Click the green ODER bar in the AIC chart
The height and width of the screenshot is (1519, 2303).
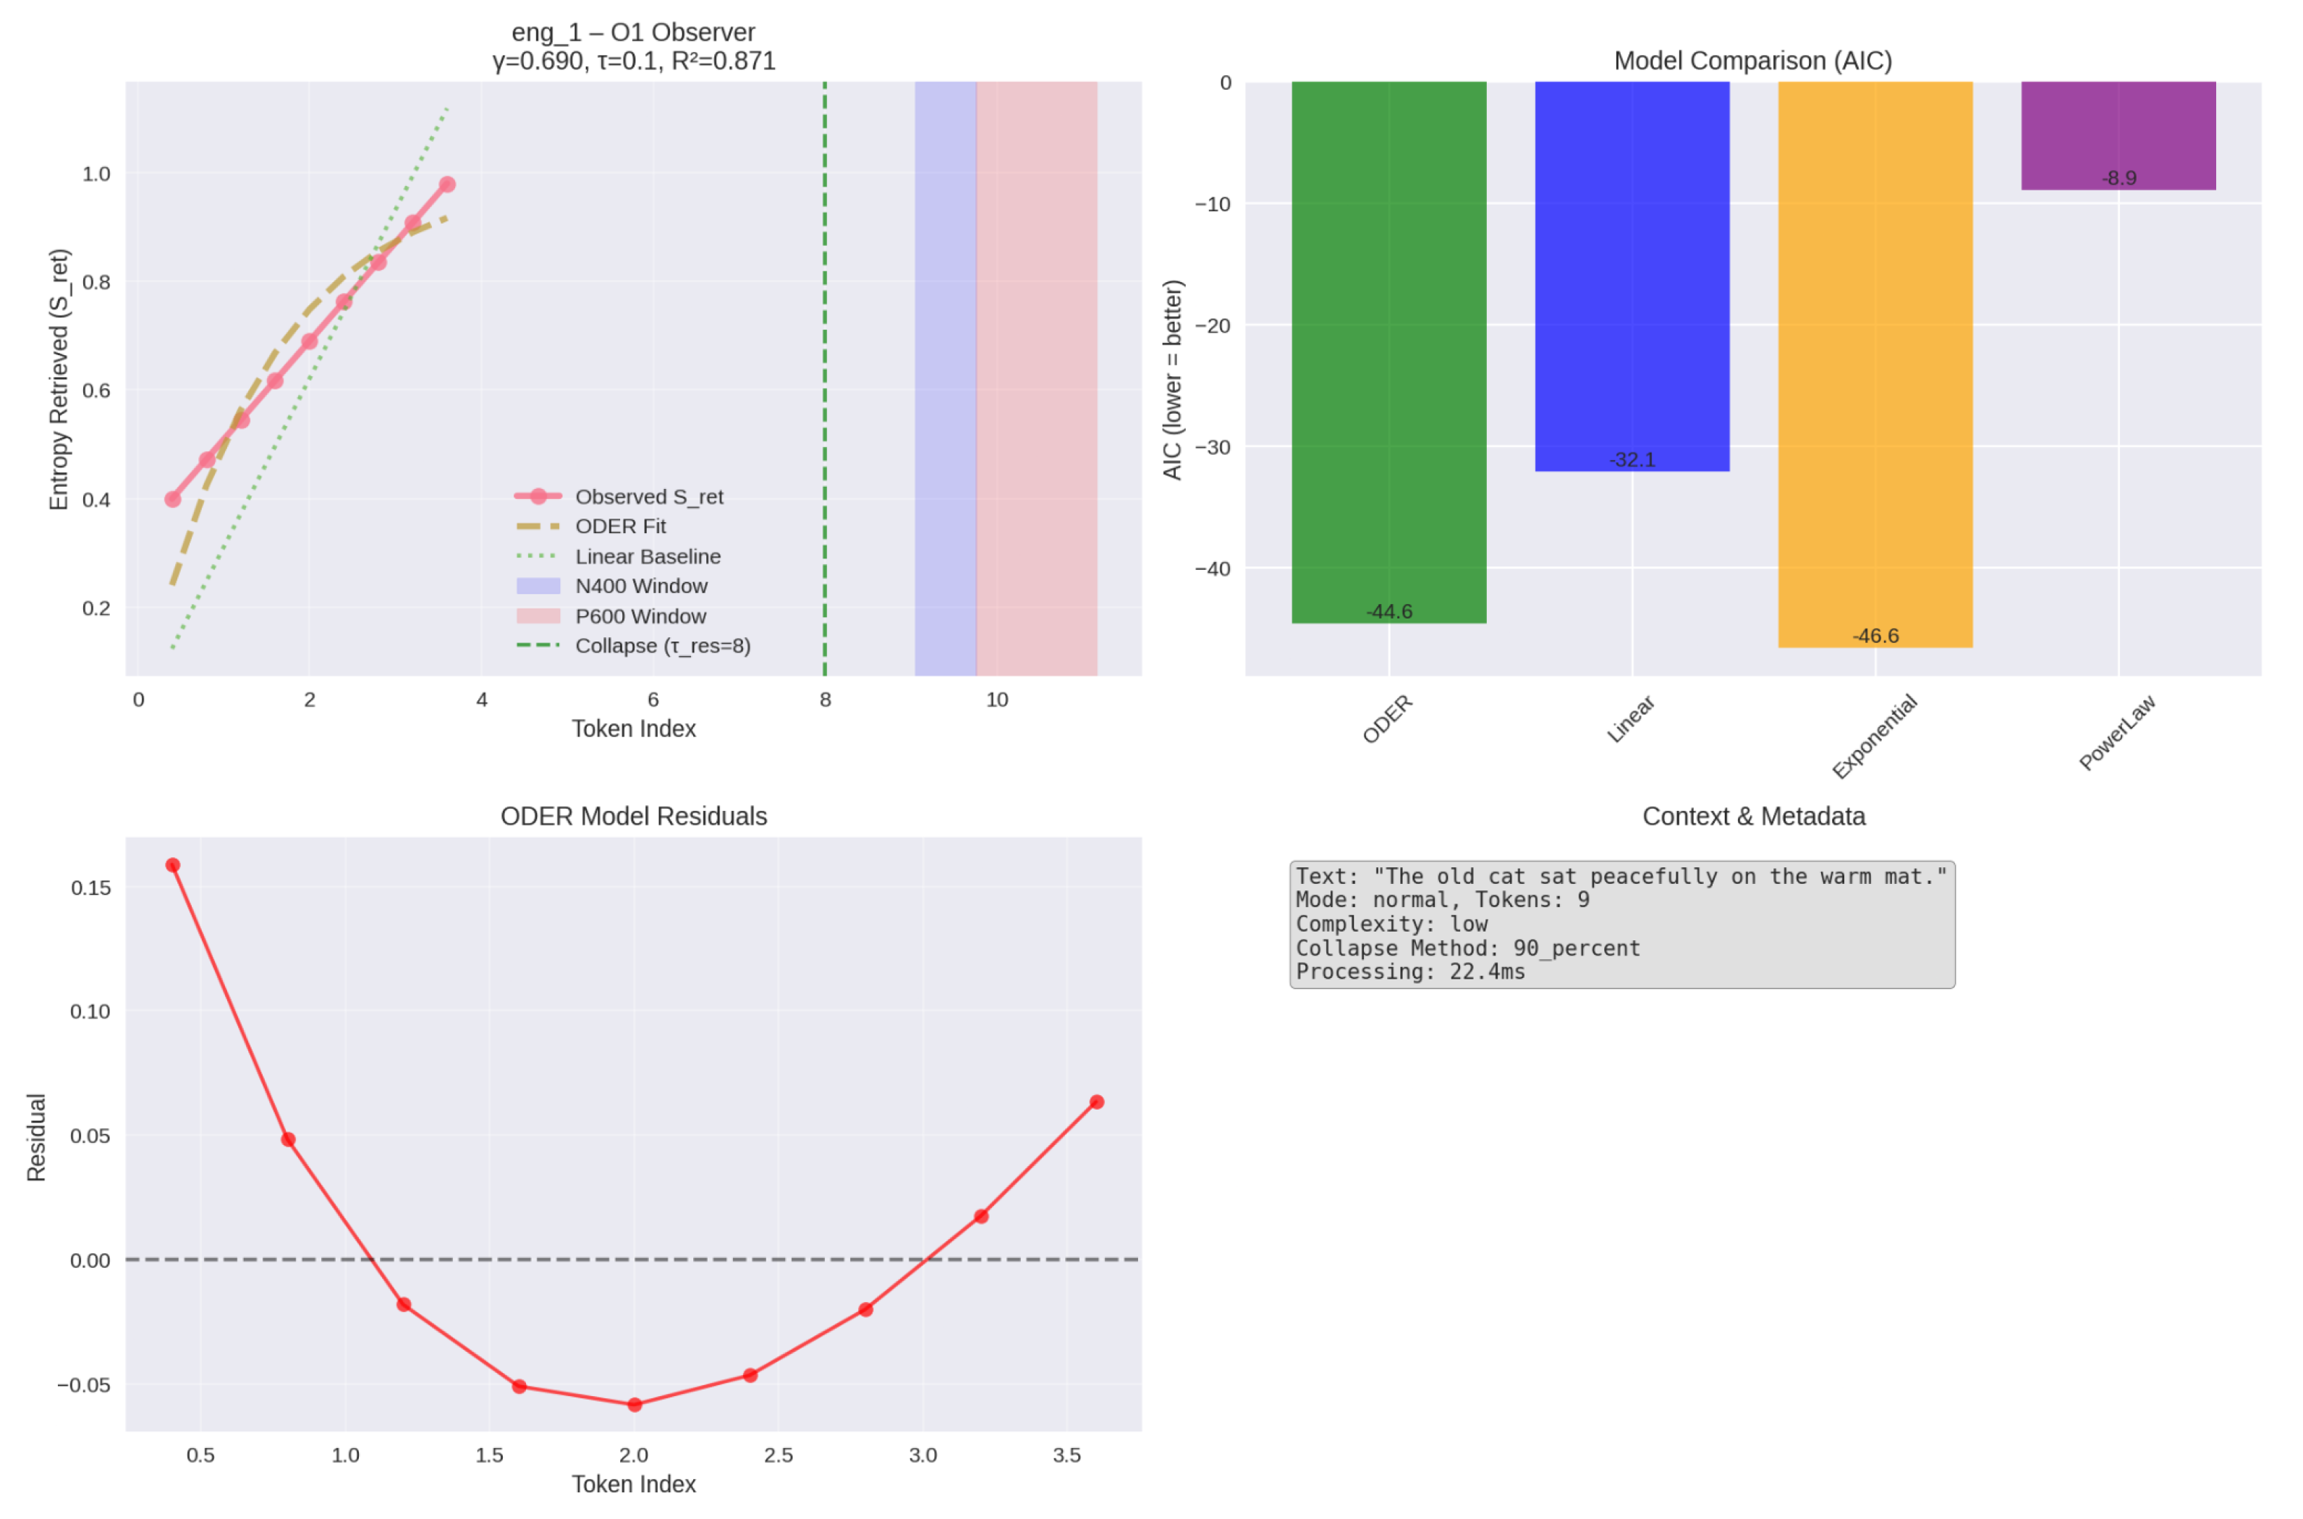tap(1388, 349)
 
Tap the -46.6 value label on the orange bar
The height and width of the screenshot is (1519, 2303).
tap(1875, 637)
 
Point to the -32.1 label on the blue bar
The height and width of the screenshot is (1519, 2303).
tap(1632, 460)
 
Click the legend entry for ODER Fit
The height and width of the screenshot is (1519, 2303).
tap(620, 526)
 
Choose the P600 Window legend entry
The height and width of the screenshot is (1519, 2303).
tap(640, 616)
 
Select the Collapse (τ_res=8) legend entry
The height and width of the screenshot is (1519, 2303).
tap(662, 646)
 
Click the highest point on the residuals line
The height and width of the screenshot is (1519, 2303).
tap(172, 865)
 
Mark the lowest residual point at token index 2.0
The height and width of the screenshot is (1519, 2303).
tap(635, 1405)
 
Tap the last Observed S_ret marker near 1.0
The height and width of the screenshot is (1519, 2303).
tap(446, 184)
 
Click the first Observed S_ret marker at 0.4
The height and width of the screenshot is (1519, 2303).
tap(172, 499)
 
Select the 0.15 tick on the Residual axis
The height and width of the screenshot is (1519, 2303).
tap(90, 888)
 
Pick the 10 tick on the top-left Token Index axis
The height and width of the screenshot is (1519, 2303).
tap(996, 700)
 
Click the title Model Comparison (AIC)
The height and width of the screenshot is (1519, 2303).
tap(1752, 61)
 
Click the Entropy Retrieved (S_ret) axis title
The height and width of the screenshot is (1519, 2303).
tap(59, 380)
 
